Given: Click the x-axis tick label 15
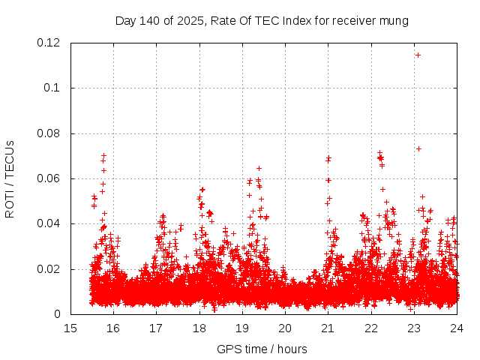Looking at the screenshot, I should coord(70,328).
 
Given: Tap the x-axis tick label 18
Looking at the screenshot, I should coord(199,328).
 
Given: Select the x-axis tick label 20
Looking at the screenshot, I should coord(285,328).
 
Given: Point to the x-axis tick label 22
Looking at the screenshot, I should coord(371,328).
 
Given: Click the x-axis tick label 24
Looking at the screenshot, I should coord(457,328).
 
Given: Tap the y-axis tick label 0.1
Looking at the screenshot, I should coord(52,88).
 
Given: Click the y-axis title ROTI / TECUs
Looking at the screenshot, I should coord(10,178).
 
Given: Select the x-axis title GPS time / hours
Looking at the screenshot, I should coord(262,349).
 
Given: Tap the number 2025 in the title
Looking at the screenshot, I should coord(191,21).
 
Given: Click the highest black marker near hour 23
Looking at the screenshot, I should coord(418,54).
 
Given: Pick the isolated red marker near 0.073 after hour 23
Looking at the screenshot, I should coord(418,148).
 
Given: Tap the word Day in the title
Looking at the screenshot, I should coord(126,21).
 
